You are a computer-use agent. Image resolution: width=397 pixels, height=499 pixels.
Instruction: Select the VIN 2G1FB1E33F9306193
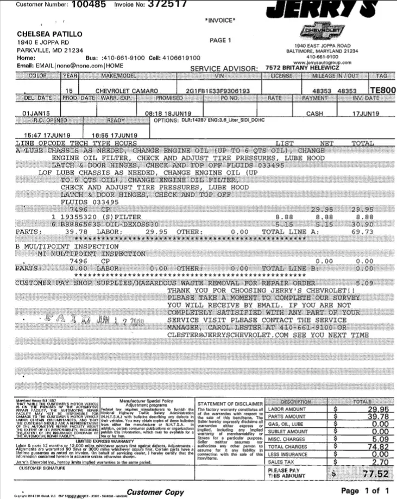pos(218,90)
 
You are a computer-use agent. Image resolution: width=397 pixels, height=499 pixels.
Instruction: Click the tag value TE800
pos(382,90)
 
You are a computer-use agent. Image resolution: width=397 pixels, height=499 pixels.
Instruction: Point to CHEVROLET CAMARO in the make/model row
pos(127,90)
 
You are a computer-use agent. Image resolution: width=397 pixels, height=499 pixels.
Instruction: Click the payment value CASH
pos(315,114)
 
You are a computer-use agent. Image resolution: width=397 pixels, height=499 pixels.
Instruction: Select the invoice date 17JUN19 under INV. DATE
pos(366,114)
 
